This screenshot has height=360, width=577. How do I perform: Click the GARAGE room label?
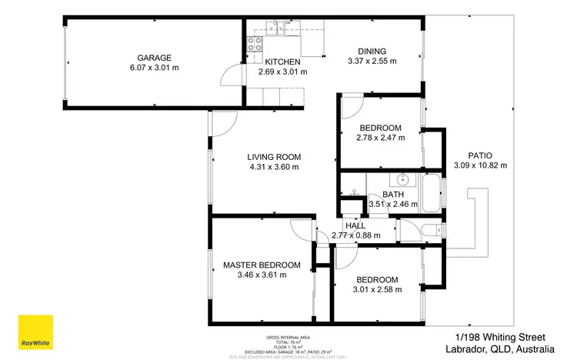154,58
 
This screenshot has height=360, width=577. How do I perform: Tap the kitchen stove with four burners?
254,45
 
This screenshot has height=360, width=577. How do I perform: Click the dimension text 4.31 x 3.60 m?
274,166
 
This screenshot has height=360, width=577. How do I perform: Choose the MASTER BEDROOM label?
262,265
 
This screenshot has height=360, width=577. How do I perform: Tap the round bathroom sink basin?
402,182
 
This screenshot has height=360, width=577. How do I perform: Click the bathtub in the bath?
430,194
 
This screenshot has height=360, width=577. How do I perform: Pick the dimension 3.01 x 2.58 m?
377,290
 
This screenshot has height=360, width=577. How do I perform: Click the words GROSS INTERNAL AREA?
288,338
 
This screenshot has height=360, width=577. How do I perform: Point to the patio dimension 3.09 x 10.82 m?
479,165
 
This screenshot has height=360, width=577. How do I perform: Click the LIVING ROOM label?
274,155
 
